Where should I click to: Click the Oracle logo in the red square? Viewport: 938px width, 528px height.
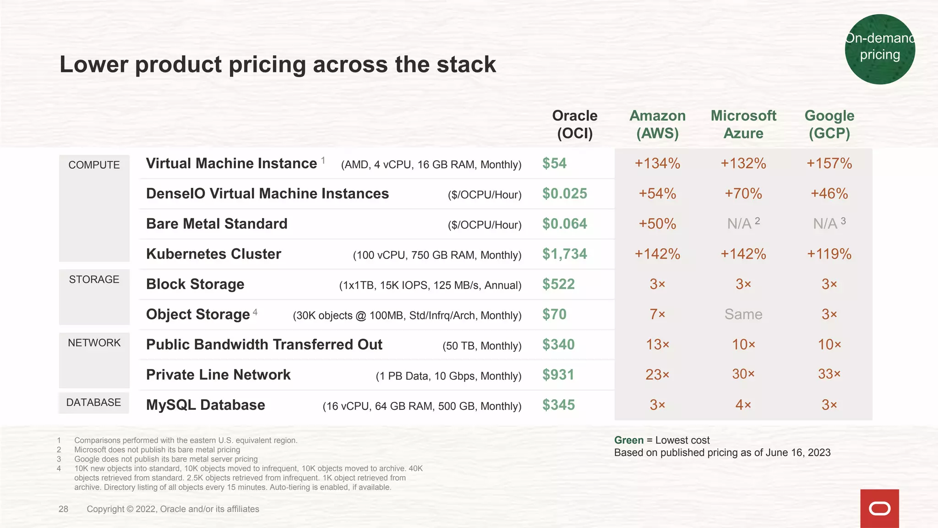click(879, 509)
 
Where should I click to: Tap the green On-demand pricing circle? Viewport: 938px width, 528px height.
click(879, 49)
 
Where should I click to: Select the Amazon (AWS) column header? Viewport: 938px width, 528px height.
click(657, 124)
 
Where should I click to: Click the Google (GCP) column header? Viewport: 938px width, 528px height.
click(829, 124)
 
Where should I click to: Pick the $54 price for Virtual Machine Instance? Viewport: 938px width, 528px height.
click(554, 164)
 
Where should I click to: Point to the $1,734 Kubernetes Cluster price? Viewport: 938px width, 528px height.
click(564, 254)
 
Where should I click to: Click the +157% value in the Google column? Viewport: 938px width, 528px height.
click(829, 164)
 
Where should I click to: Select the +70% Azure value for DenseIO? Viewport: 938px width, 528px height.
click(743, 194)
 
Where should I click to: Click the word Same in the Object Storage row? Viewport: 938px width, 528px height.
click(743, 314)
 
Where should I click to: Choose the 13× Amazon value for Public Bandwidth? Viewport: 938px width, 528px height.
click(657, 345)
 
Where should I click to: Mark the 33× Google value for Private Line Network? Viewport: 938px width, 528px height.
click(829, 374)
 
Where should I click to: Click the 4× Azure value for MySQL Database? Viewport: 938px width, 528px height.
click(743, 405)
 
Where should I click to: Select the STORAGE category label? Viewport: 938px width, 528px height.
click(94, 280)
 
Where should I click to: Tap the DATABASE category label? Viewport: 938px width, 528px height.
click(93, 402)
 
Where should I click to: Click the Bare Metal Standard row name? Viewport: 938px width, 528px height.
click(217, 224)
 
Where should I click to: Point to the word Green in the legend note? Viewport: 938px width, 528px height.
click(628, 440)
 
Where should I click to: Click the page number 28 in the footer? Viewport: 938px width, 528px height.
click(63, 509)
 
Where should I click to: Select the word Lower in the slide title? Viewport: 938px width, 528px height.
click(94, 65)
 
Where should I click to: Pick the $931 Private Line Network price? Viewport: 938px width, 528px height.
click(558, 375)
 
